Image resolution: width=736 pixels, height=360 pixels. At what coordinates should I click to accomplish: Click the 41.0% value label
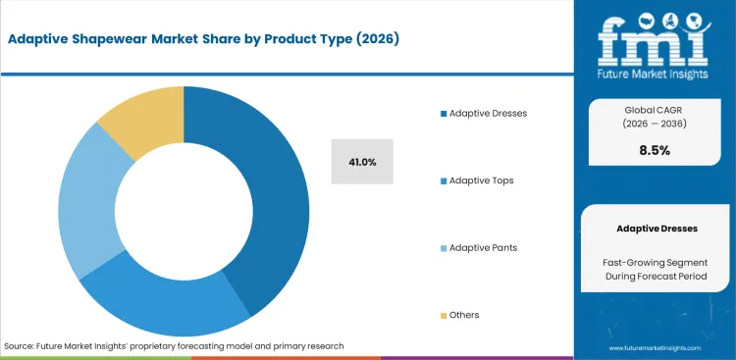pos(362,162)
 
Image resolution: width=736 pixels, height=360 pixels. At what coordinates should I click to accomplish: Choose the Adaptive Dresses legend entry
pos(488,113)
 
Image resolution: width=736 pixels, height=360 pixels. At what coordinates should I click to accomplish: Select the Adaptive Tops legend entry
pos(481,180)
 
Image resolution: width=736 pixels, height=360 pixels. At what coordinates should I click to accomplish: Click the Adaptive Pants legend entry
pos(482,247)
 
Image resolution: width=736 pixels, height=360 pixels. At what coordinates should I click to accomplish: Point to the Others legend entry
pos(464,315)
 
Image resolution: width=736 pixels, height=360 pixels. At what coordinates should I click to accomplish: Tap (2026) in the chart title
pos(374,39)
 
